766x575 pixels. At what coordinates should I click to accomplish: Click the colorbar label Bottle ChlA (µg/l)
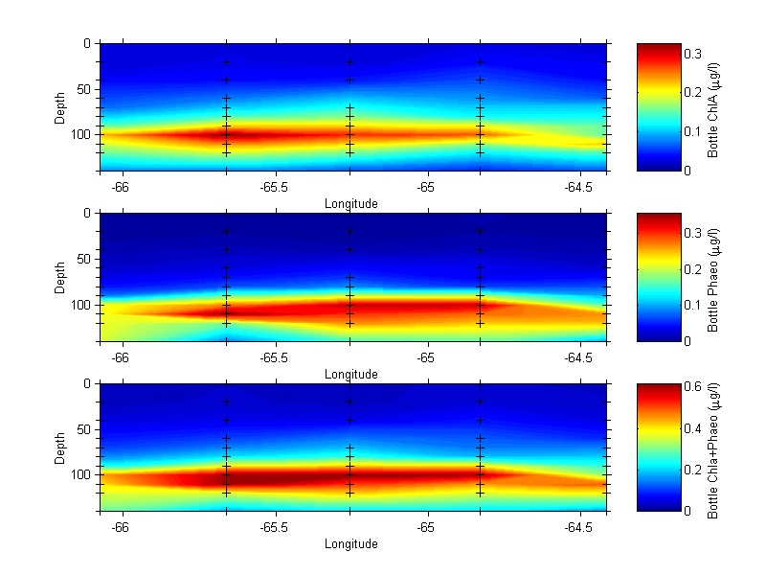click(712, 106)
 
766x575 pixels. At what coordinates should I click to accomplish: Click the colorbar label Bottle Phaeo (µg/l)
click(712, 277)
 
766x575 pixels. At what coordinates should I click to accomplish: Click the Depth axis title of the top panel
click(59, 106)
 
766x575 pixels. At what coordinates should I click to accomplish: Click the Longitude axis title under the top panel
click(351, 203)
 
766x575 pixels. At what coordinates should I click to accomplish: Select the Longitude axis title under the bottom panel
click(351, 543)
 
